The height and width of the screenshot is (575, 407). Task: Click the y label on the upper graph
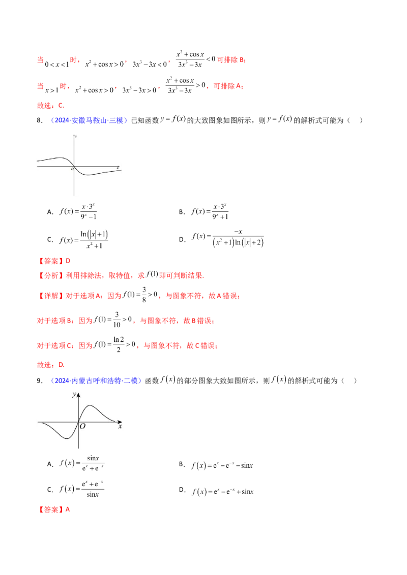click(76, 137)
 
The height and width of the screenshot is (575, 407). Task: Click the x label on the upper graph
click(118, 167)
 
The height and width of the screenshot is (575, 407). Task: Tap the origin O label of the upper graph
click(72, 169)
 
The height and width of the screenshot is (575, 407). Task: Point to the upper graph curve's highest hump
click(61, 157)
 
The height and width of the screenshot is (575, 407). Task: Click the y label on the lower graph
click(74, 395)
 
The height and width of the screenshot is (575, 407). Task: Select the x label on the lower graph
click(120, 427)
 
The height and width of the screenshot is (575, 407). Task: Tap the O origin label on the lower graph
click(82, 427)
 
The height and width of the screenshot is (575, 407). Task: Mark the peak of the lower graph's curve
click(91, 406)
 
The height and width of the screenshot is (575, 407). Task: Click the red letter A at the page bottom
click(67, 509)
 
